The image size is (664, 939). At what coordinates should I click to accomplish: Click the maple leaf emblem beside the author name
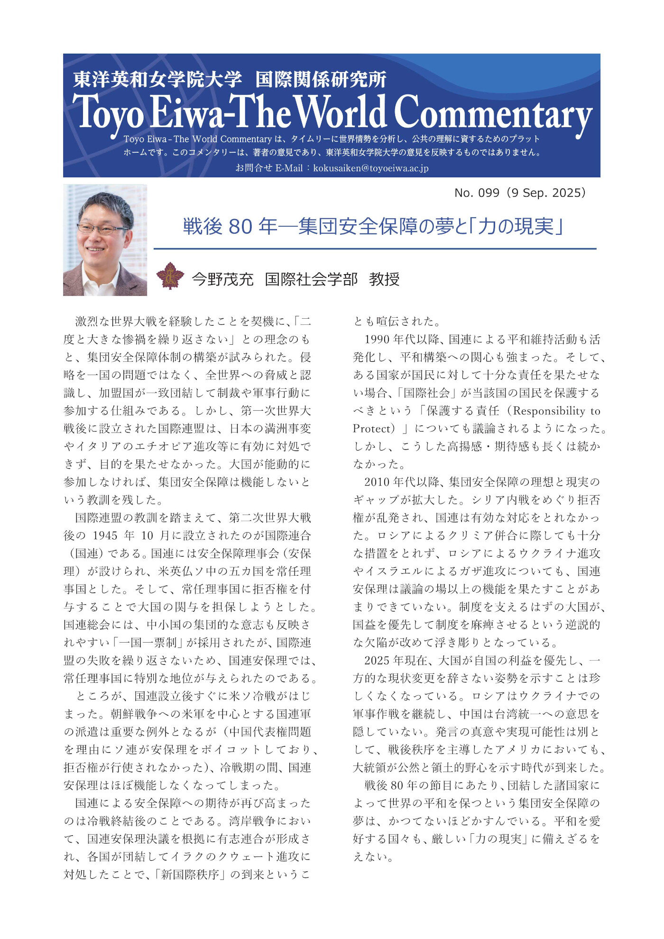[x=170, y=276]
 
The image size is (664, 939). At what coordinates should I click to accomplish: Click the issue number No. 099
[x=477, y=193]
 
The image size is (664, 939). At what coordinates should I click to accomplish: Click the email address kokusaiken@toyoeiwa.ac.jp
[x=371, y=168]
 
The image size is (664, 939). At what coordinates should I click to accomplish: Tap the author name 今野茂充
[x=223, y=279]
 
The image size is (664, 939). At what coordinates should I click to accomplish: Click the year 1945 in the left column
[x=104, y=536]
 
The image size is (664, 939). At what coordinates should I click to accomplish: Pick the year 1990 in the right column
[x=377, y=340]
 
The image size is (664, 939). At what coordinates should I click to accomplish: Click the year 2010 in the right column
[x=377, y=482]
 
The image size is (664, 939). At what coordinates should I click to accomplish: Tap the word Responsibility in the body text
[x=549, y=411]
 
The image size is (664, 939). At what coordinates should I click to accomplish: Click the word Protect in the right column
[x=371, y=429]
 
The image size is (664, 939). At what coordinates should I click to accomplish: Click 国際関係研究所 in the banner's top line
[x=321, y=80]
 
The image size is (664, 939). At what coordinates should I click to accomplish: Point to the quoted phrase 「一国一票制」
[x=150, y=643]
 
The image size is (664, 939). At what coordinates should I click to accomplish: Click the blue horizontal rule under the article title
[x=375, y=249]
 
